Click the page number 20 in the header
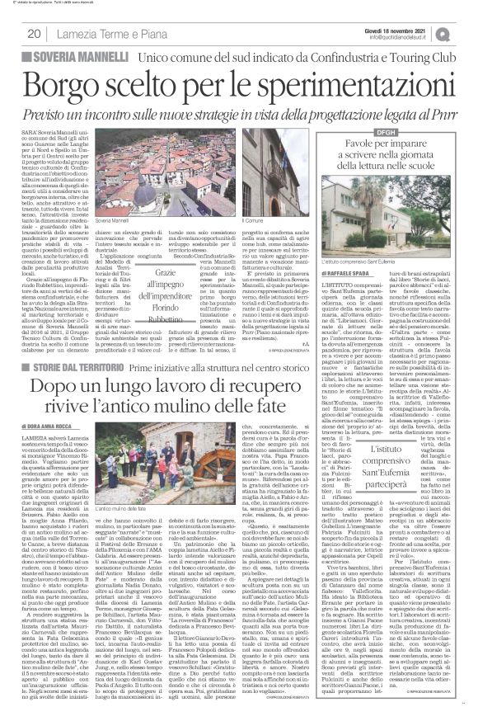[34, 34]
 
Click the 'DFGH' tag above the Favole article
[341, 132]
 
